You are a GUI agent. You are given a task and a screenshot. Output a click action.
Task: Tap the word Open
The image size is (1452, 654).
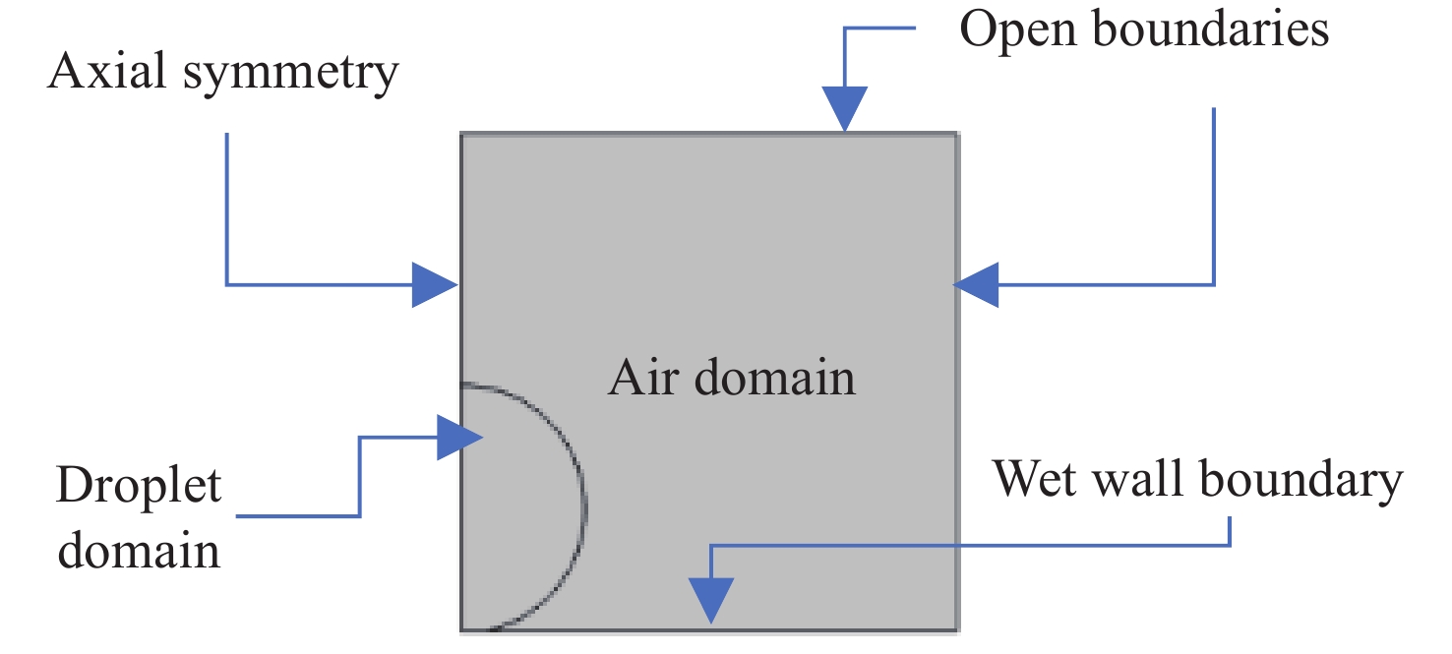pos(1018,31)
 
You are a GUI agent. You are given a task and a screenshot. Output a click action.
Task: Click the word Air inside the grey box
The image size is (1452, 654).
pos(641,377)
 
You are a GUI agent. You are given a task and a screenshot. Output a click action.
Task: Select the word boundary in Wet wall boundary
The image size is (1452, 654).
pos(1301,481)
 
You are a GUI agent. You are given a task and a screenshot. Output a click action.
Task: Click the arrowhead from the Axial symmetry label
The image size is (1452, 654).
pos(434,285)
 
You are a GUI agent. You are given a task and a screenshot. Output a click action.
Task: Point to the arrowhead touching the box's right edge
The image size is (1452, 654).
pos(978,285)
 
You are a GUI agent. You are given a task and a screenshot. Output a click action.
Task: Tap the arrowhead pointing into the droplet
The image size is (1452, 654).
pos(459,437)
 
